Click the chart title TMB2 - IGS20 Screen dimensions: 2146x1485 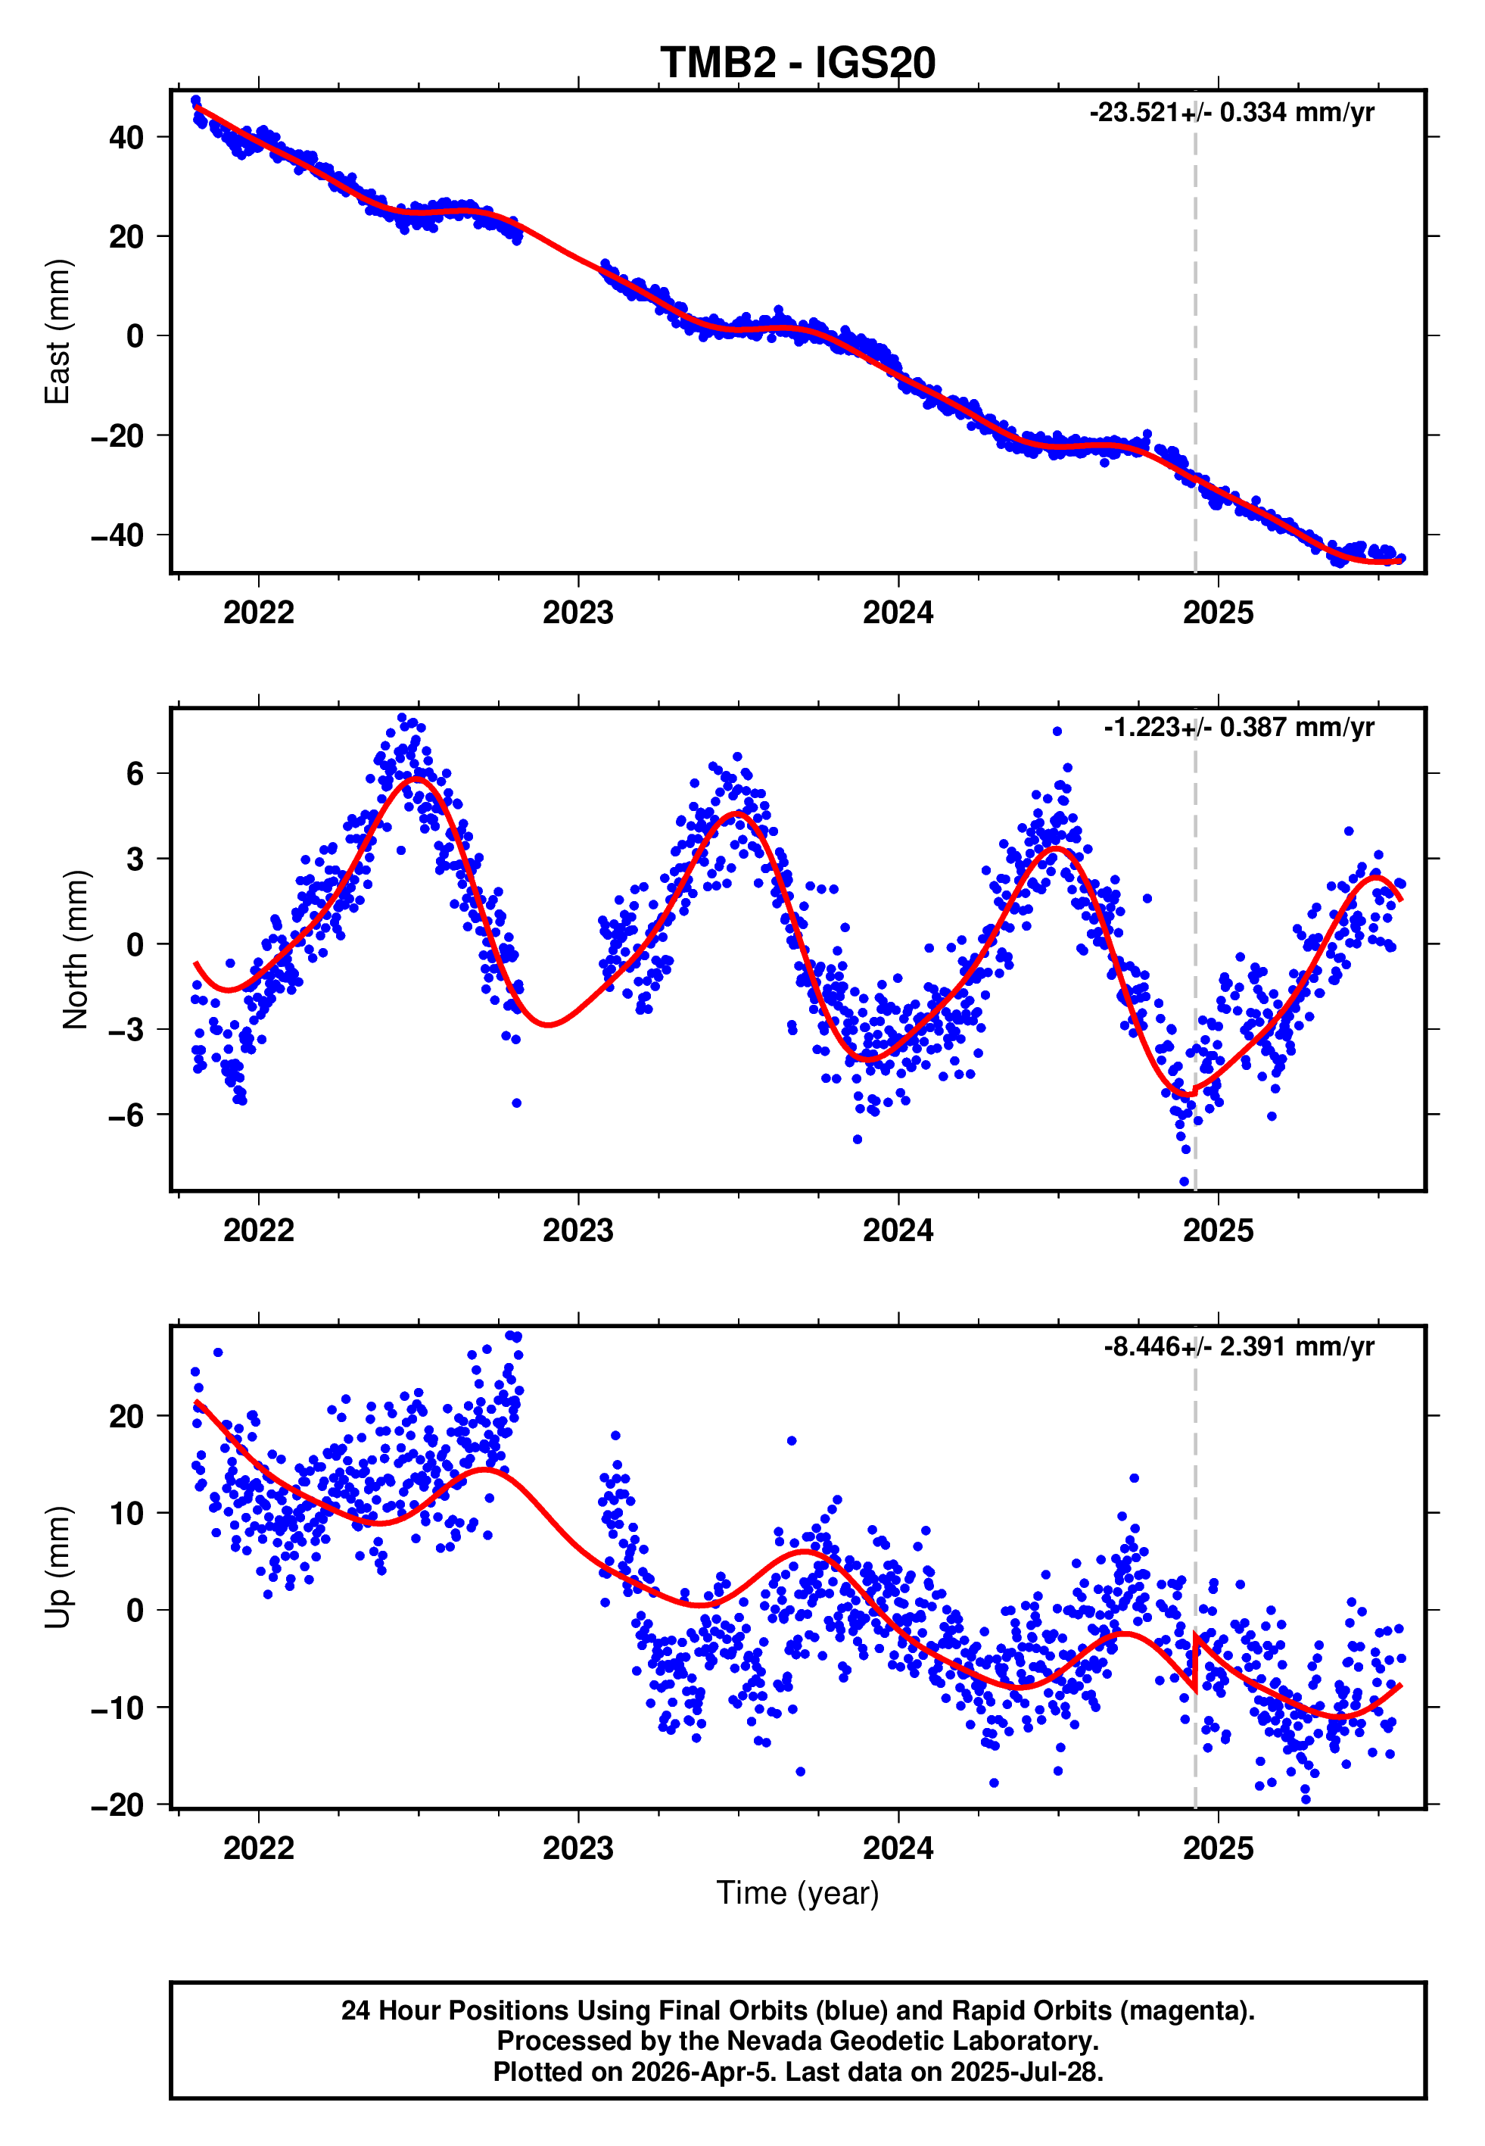798,64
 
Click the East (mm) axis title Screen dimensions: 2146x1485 58,332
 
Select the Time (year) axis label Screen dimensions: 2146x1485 798,1893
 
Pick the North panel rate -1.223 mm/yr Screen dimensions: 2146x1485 1238,727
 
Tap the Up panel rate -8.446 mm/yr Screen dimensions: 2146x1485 1238,1346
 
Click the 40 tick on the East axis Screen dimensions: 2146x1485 126,138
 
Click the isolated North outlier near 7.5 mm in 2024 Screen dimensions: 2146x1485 1057,731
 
